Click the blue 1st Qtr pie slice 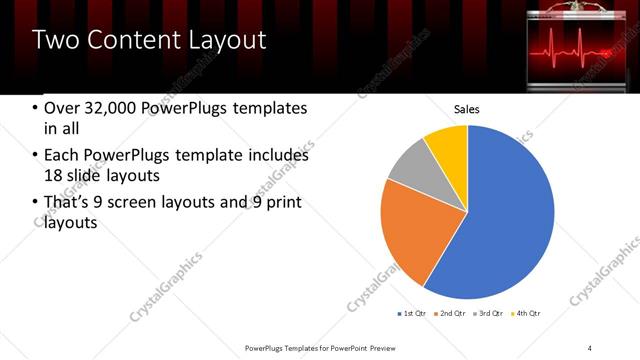[500, 215]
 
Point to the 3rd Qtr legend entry [489, 313]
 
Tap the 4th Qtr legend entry [527, 313]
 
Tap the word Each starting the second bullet [61, 156]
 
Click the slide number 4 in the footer [590, 347]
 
